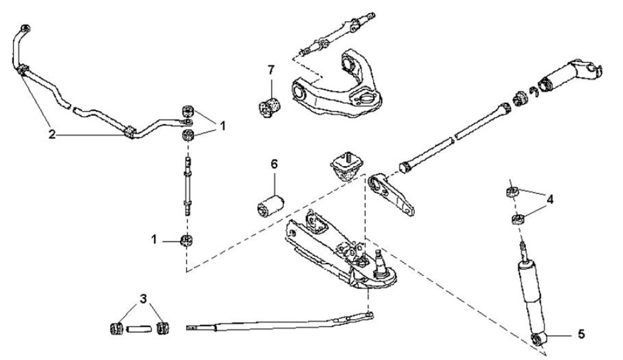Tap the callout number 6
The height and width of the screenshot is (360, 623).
[273, 165]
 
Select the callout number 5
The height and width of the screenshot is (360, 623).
[581, 334]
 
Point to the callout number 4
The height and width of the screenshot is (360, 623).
[549, 200]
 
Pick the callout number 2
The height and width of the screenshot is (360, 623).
[53, 133]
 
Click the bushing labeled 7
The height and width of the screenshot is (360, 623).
[270, 105]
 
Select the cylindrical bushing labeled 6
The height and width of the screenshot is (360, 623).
[271, 204]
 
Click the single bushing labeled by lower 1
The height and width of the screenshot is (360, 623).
[186, 240]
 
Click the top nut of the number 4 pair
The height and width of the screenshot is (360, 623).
[510, 191]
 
